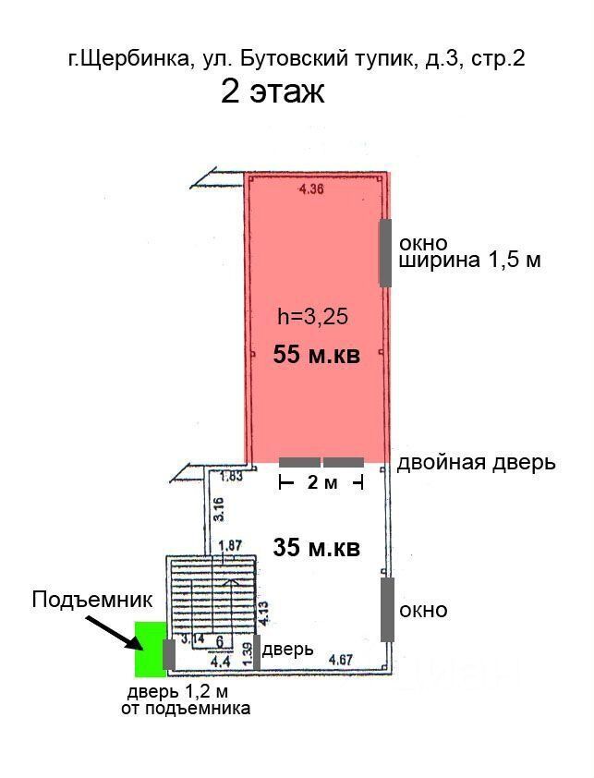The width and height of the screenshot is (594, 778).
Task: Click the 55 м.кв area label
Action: [316, 356]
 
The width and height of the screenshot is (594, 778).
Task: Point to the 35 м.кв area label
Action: [316, 548]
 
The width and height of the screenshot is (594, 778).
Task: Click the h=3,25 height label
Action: [312, 317]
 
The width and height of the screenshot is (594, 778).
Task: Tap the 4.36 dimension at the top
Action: [310, 191]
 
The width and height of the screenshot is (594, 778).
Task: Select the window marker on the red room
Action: [385, 252]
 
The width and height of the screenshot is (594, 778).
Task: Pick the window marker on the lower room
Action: [386, 609]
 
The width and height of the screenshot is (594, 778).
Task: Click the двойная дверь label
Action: [476, 462]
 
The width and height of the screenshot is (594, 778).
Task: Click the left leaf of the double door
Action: [299, 461]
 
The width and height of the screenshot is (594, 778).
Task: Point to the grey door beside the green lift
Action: [169, 653]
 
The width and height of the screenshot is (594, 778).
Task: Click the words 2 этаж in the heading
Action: [273, 92]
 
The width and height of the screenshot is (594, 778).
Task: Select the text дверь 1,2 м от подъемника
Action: [185, 700]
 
